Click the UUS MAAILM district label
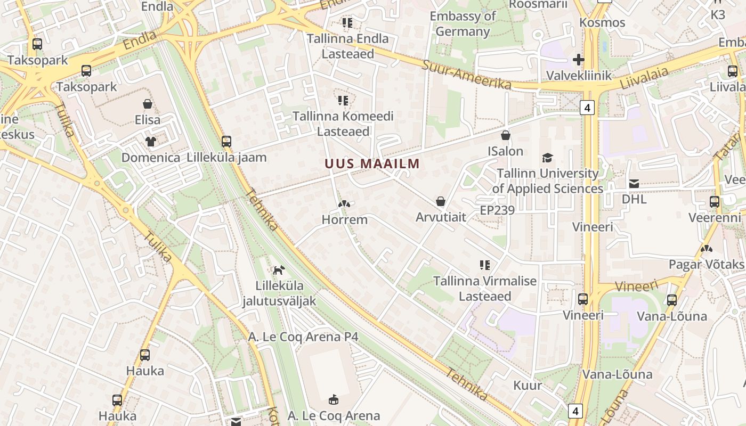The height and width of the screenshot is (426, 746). tap(372, 163)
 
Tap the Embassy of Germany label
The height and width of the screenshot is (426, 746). tap(463, 24)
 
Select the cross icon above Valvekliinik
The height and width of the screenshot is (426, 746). tap(579, 60)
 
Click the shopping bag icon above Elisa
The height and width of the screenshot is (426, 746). tap(148, 104)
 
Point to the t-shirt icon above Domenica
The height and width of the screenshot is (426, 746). tap(151, 142)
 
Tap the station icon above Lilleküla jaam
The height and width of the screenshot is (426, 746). tap(226, 142)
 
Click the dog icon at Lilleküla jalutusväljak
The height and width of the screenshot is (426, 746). tap(279, 270)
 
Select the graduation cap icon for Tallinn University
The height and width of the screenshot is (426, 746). tap(547, 158)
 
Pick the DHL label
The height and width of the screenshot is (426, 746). tap(634, 199)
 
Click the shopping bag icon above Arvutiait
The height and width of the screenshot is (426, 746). tap(441, 201)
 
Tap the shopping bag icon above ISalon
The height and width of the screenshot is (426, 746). tap(506, 135)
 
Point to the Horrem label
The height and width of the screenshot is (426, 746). tap(345, 219)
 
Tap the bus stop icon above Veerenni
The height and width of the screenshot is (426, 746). tap(715, 202)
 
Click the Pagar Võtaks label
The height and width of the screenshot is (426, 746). tap(707, 265)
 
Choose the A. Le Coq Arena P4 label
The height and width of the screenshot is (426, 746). tap(303, 337)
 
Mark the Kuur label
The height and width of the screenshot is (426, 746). tap(528, 385)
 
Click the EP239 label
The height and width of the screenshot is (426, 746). tap(497, 210)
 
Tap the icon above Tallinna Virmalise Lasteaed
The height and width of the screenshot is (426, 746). tap(485, 265)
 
